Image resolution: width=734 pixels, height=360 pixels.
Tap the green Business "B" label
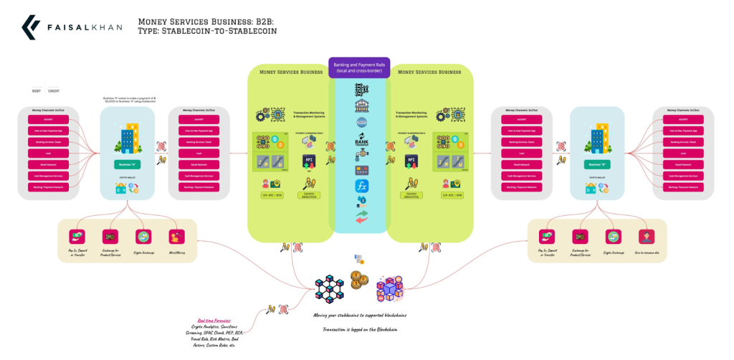click(x=595, y=164)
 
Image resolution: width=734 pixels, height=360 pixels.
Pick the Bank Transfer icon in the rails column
click(x=361, y=143)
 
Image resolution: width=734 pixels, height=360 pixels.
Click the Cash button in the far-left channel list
click(x=48, y=153)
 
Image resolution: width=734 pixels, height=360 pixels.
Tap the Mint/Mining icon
click(x=174, y=236)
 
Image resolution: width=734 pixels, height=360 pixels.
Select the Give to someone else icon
click(x=645, y=237)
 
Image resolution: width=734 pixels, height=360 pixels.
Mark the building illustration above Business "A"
click(x=125, y=140)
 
